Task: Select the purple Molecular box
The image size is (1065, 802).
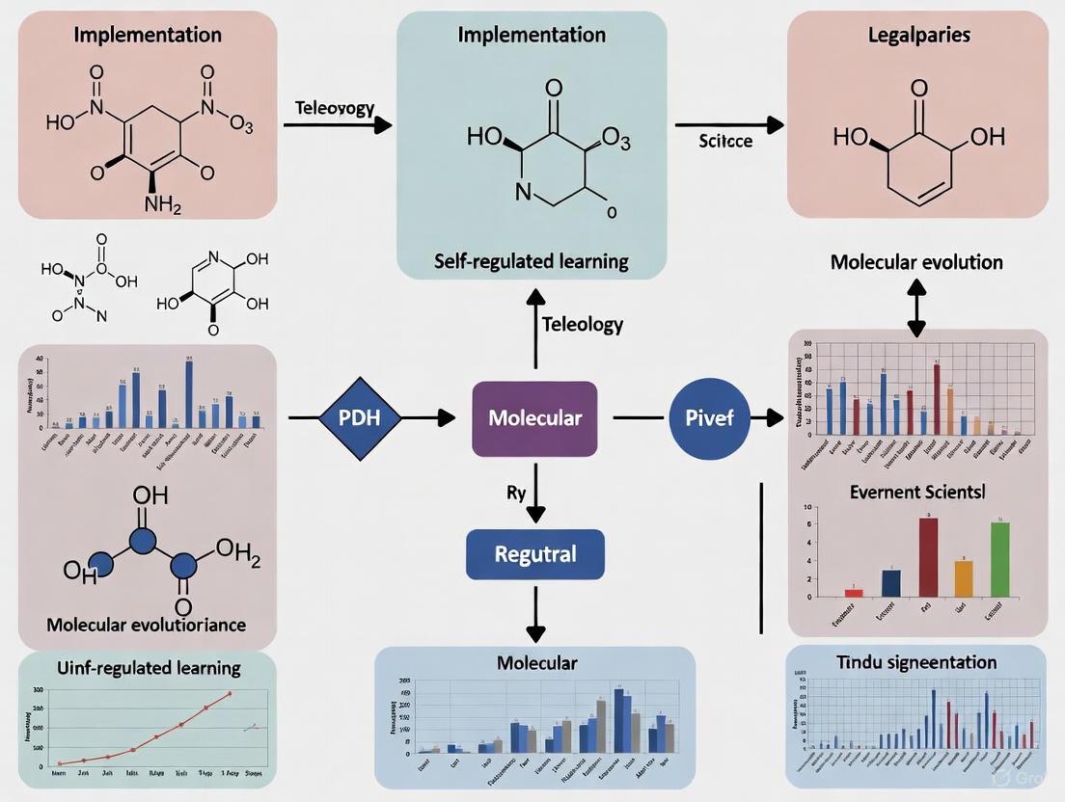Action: point(534,418)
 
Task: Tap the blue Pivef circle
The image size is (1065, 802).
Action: point(709,418)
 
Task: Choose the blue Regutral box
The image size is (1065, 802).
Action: point(534,554)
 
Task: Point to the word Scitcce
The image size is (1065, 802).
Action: point(726,140)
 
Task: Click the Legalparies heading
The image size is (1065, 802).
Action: point(918,35)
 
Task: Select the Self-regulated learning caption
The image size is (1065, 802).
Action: point(532,260)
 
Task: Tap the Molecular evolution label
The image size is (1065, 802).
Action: point(917,262)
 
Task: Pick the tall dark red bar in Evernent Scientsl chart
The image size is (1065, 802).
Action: point(928,557)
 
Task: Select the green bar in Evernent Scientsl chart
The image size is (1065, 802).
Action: point(999,559)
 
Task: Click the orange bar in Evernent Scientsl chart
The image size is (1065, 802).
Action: point(964,578)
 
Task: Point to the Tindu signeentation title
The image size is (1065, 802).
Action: point(915,661)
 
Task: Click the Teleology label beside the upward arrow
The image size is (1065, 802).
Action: point(583,324)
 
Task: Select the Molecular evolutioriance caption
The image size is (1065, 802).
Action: point(147,625)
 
